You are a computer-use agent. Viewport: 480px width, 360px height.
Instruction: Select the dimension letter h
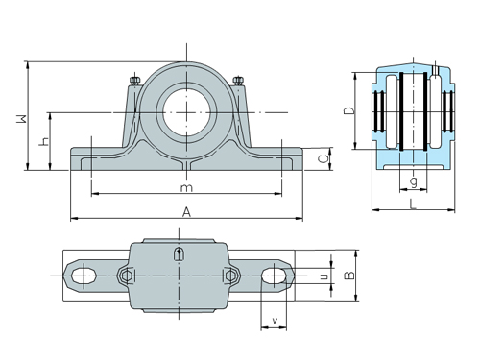(41, 141)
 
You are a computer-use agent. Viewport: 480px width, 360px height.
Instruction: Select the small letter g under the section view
(412, 180)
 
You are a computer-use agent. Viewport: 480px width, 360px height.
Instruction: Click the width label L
(411, 203)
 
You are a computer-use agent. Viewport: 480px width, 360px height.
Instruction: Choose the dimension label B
(350, 276)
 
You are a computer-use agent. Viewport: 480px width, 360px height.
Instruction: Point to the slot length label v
(275, 320)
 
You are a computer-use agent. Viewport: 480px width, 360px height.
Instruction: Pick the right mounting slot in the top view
(275, 276)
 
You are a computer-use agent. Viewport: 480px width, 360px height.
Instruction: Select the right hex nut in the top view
(230, 276)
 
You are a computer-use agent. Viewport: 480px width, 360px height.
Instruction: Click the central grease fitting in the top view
(179, 254)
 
